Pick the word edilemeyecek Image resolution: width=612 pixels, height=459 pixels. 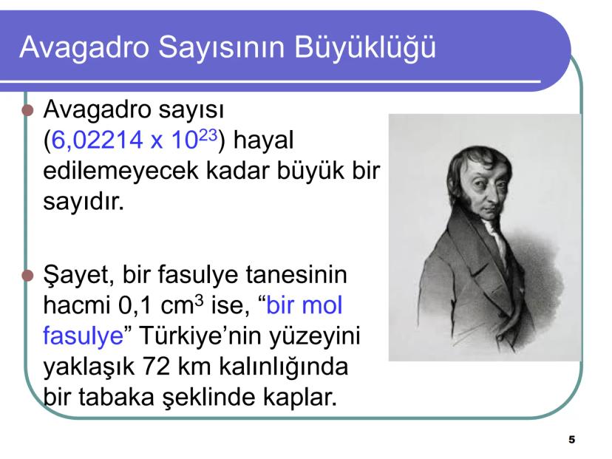click(x=134, y=170)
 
